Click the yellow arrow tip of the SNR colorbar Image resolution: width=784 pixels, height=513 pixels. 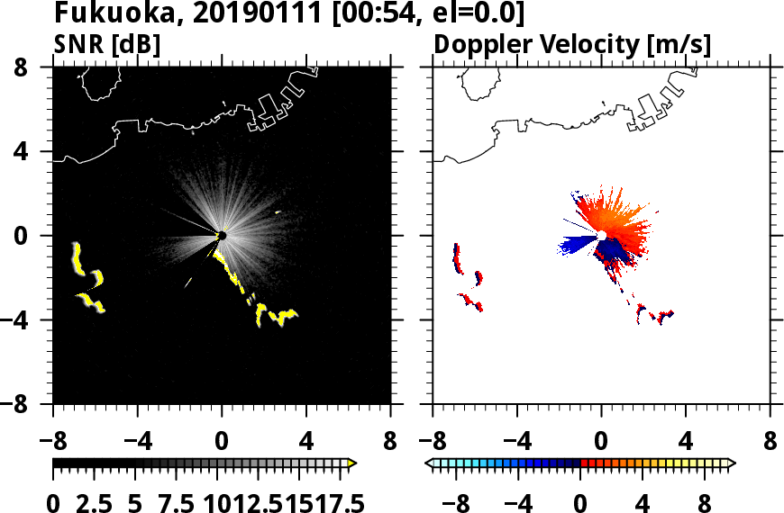(x=352, y=463)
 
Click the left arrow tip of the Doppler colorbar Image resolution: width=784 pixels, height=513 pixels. (x=429, y=463)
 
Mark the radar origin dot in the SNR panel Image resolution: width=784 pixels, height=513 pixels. (x=222, y=236)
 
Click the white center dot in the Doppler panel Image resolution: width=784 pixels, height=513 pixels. (x=601, y=236)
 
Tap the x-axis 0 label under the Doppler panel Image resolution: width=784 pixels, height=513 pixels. (x=601, y=442)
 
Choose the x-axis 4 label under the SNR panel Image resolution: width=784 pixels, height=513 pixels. (x=306, y=442)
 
